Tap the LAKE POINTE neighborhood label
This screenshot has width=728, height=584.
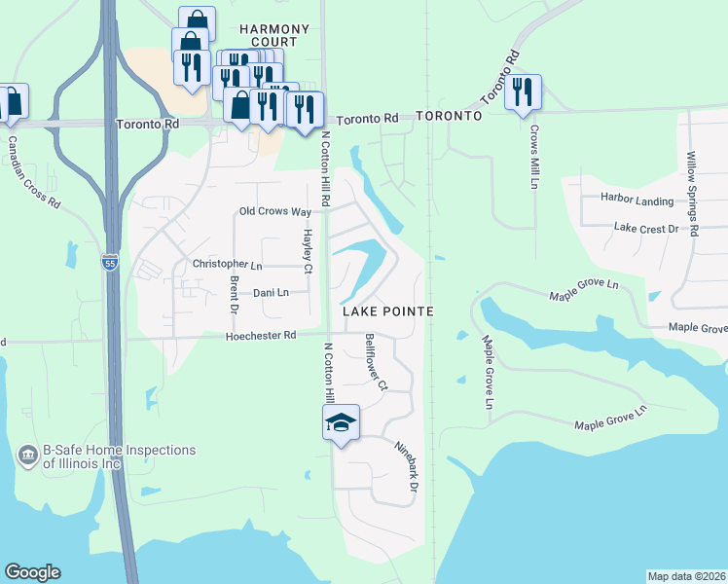[387, 310]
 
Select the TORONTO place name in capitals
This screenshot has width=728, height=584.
[449, 116]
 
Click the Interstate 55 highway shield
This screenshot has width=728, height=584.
[111, 263]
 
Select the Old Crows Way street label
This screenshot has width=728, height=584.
[275, 212]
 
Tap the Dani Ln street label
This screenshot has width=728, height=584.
[271, 293]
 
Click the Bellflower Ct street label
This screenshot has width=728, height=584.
[376, 362]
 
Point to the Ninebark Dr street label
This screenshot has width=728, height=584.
[407, 466]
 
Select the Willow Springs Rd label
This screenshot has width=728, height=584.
[692, 196]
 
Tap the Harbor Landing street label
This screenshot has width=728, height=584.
[637, 201]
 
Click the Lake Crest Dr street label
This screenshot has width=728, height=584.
[646, 228]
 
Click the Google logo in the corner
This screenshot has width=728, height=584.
[32, 572]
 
